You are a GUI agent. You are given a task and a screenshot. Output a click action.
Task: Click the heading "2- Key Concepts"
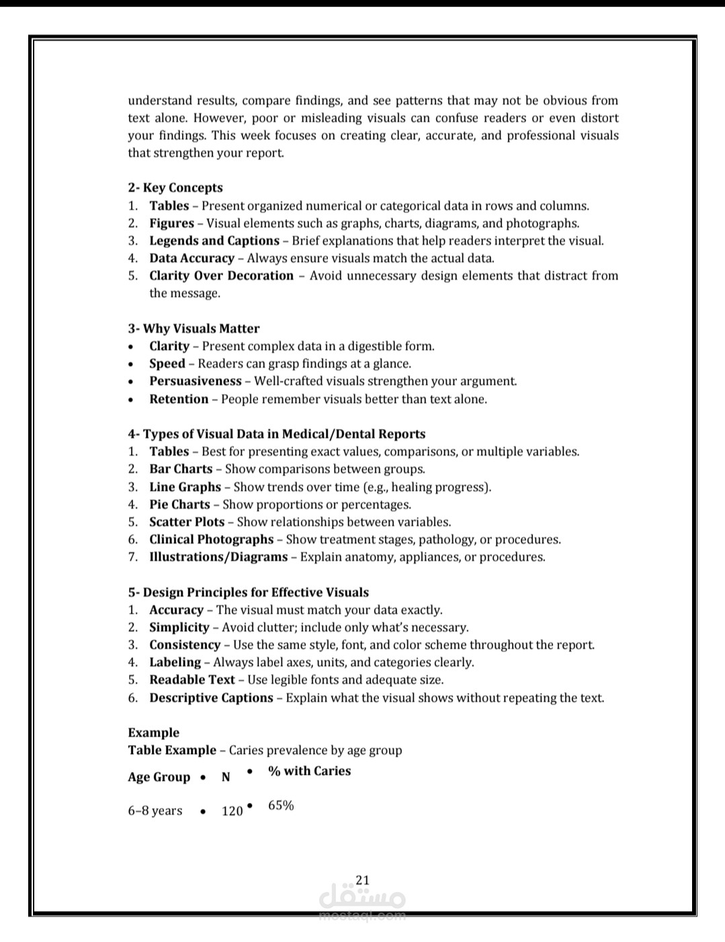(x=175, y=188)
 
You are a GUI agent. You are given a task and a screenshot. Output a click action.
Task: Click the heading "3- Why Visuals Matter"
(x=194, y=328)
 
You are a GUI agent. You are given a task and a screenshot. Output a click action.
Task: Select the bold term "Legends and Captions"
(x=214, y=240)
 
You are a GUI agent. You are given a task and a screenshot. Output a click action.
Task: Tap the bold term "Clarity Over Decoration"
(x=221, y=275)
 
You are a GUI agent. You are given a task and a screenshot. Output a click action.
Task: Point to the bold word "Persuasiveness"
(x=195, y=381)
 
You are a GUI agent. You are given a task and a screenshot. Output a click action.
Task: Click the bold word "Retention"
(x=179, y=399)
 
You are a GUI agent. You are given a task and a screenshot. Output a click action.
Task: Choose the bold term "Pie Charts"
(x=179, y=504)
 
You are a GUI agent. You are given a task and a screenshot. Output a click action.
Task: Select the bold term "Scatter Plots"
(x=187, y=522)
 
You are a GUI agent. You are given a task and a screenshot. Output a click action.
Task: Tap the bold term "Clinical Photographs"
(x=211, y=539)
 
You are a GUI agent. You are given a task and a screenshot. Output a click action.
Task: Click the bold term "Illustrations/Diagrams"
(x=218, y=557)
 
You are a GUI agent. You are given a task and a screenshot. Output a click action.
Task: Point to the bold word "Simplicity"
(x=179, y=627)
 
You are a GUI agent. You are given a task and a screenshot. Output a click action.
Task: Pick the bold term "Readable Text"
(x=192, y=679)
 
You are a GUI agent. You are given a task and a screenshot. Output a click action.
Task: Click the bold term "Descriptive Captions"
(x=211, y=698)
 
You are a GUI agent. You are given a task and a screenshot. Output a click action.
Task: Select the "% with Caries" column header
(x=309, y=771)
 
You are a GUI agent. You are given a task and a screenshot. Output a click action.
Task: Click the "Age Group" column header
(x=159, y=777)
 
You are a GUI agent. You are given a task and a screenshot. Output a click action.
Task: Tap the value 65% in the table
(x=281, y=805)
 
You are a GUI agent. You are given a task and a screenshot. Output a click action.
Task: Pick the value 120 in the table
(x=232, y=811)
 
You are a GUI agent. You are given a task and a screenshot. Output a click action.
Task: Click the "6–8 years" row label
(x=155, y=810)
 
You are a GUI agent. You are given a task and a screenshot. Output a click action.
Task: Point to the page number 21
(x=363, y=880)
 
